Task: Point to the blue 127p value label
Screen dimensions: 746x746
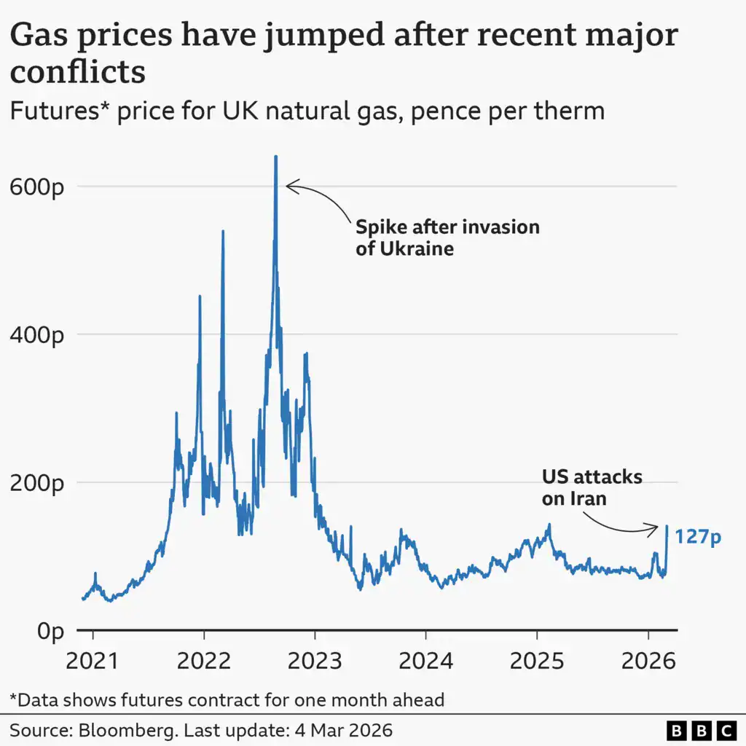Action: click(x=697, y=538)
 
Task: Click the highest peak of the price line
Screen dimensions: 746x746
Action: click(x=275, y=157)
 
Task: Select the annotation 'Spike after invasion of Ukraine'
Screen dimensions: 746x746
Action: click(x=447, y=237)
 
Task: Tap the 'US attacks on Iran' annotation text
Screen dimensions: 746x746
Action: click(x=592, y=488)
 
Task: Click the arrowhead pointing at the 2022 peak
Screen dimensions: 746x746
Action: click(x=288, y=186)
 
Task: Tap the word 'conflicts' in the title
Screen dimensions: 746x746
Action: click(x=77, y=72)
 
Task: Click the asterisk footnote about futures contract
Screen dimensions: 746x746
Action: click(x=227, y=700)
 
